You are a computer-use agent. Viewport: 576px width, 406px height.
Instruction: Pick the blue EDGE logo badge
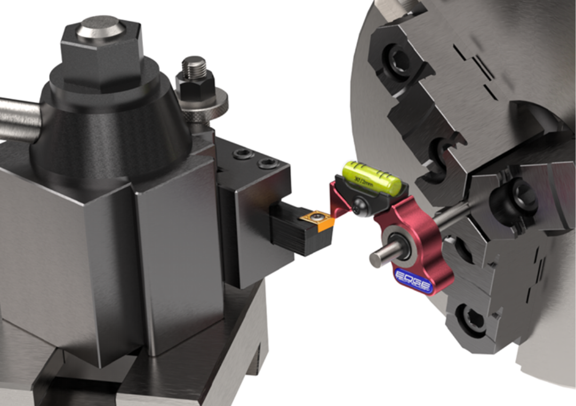[412, 280]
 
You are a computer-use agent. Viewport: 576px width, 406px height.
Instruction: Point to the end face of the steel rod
[375, 258]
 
